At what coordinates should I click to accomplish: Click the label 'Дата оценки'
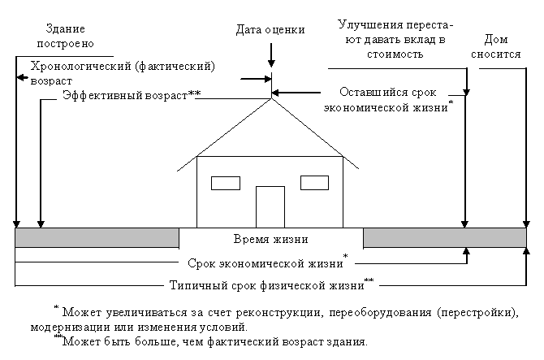coord(270,30)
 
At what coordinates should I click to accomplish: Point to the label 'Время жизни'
coord(270,239)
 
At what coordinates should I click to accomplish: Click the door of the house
coord(270,206)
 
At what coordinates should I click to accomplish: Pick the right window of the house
coord(313,181)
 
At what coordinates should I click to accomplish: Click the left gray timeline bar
coord(97,237)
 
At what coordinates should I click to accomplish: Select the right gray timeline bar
coord(443,237)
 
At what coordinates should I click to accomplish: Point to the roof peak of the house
coord(270,99)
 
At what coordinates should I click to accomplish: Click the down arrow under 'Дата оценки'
coord(270,55)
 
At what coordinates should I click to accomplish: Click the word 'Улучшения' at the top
coord(365,26)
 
